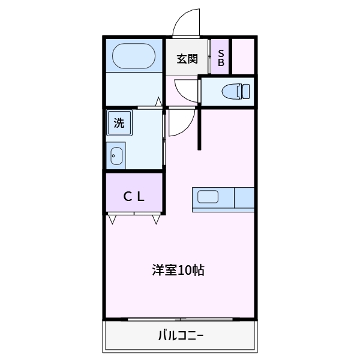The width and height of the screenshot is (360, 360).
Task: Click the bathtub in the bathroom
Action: click(x=134, y=56)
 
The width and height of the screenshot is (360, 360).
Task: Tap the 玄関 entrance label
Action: click(x=187, y=59)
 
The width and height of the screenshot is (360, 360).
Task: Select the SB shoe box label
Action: click(x=221, y=58)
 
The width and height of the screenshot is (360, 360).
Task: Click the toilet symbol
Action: click(x=236, y=91)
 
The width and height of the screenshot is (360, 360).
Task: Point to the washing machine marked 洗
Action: click(x=119, y=123)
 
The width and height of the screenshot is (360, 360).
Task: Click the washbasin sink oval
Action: click(x=116, y=156)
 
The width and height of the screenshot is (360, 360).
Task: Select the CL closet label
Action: click(x=134, y=197)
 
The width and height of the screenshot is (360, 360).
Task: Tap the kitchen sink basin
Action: click(x=208, y=197)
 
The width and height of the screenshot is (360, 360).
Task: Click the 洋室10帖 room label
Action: click(x=178, y=270)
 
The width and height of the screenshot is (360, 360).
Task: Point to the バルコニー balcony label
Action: click(x=181, y=335)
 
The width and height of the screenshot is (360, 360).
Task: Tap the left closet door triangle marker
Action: click(x=112, y=219)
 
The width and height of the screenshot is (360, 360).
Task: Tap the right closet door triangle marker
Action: click(x=156, y=219)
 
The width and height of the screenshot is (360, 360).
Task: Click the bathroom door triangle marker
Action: click(x=158, y=102)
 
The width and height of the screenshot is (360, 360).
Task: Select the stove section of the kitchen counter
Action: click(x=244, y=197)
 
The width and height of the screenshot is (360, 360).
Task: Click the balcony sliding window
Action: click(x=180, y=319)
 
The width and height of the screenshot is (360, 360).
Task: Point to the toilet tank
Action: click(x=246, y=91)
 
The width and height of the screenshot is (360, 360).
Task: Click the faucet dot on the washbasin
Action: click(x=113, y=156)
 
